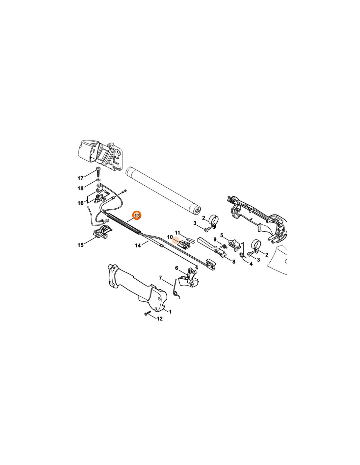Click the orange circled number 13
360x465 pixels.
[x=137, y=216]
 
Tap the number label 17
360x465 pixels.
[x=80, y=178]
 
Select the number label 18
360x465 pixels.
[x=80, y=188]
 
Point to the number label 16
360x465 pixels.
[x=81, y=203]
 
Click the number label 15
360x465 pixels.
[x=81, y=245]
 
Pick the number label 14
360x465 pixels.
[x=138, y=246]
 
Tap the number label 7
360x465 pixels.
[x=160, y=278]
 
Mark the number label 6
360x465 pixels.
[x=176, y=268]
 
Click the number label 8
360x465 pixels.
[x=234, y=262]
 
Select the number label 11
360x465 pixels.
[x=177, y=232]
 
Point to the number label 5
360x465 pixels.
[x=222, y=235]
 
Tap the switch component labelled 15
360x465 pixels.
[x=102, y=232]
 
